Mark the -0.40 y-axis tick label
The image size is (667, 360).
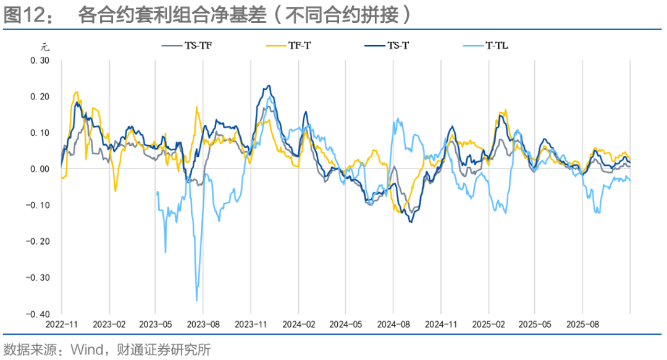[x=37, y=313]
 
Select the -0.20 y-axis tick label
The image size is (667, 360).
[x=37, y=241]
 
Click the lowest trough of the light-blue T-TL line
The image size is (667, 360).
[x=196, y=301]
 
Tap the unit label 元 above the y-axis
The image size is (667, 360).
[x=44, y=46]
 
